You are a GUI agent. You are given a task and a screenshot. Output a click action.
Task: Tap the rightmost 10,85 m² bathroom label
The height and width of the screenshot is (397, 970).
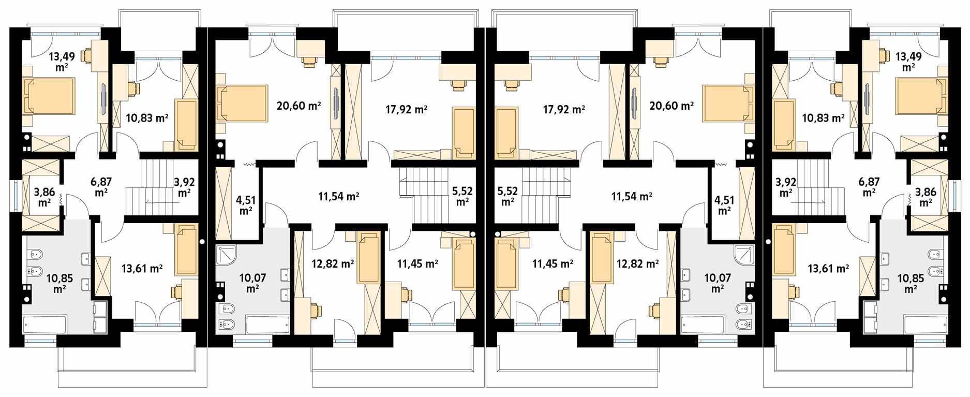tap(911, 284)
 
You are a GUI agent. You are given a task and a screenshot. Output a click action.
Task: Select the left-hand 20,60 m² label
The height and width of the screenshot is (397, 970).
tap(299, 106)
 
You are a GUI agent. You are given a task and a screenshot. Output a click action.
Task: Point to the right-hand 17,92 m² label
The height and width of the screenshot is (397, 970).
tap(564, 110)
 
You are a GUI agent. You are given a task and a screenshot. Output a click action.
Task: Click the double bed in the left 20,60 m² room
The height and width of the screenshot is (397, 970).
tap(242, 104)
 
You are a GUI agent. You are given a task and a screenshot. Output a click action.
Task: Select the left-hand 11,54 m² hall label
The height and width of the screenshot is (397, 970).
tap(338, 197)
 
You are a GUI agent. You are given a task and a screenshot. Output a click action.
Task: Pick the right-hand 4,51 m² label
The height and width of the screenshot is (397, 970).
tap(724, 205)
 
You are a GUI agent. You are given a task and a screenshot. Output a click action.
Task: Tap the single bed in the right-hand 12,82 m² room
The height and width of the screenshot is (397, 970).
tap(602, 258)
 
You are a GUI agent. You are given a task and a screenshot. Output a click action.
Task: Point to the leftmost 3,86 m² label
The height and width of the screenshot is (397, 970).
tap(44, 197)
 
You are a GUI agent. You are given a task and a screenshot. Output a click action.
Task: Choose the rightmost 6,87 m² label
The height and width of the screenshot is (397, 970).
tap(869, 186)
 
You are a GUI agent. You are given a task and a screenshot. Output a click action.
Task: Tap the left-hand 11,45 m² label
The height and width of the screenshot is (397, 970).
tap(417, 264)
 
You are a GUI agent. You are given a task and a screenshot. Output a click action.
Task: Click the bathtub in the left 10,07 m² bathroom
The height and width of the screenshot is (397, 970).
tap(267, 325)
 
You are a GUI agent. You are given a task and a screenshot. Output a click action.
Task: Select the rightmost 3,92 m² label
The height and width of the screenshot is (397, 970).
tap(786, 187)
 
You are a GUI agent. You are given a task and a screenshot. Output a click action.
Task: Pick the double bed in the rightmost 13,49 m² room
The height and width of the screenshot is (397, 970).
tap(921, 96)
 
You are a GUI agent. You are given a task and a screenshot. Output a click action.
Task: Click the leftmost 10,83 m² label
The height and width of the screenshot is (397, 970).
tap(147, 118)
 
